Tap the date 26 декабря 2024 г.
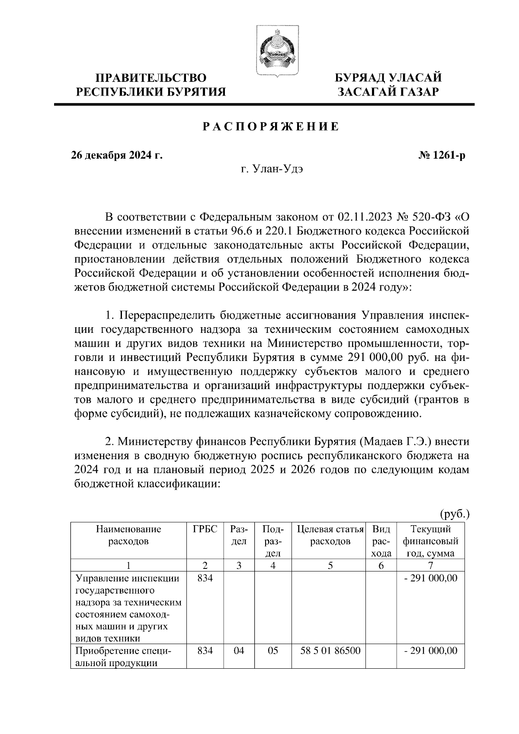(x=117, y=155)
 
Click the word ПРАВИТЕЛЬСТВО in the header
(x=151, y=78)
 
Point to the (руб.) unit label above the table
(x=455, y=514)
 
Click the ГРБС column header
(x=205, y=530)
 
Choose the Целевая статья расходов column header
(x=330, y=535)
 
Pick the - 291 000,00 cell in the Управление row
(x=430, y=578)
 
